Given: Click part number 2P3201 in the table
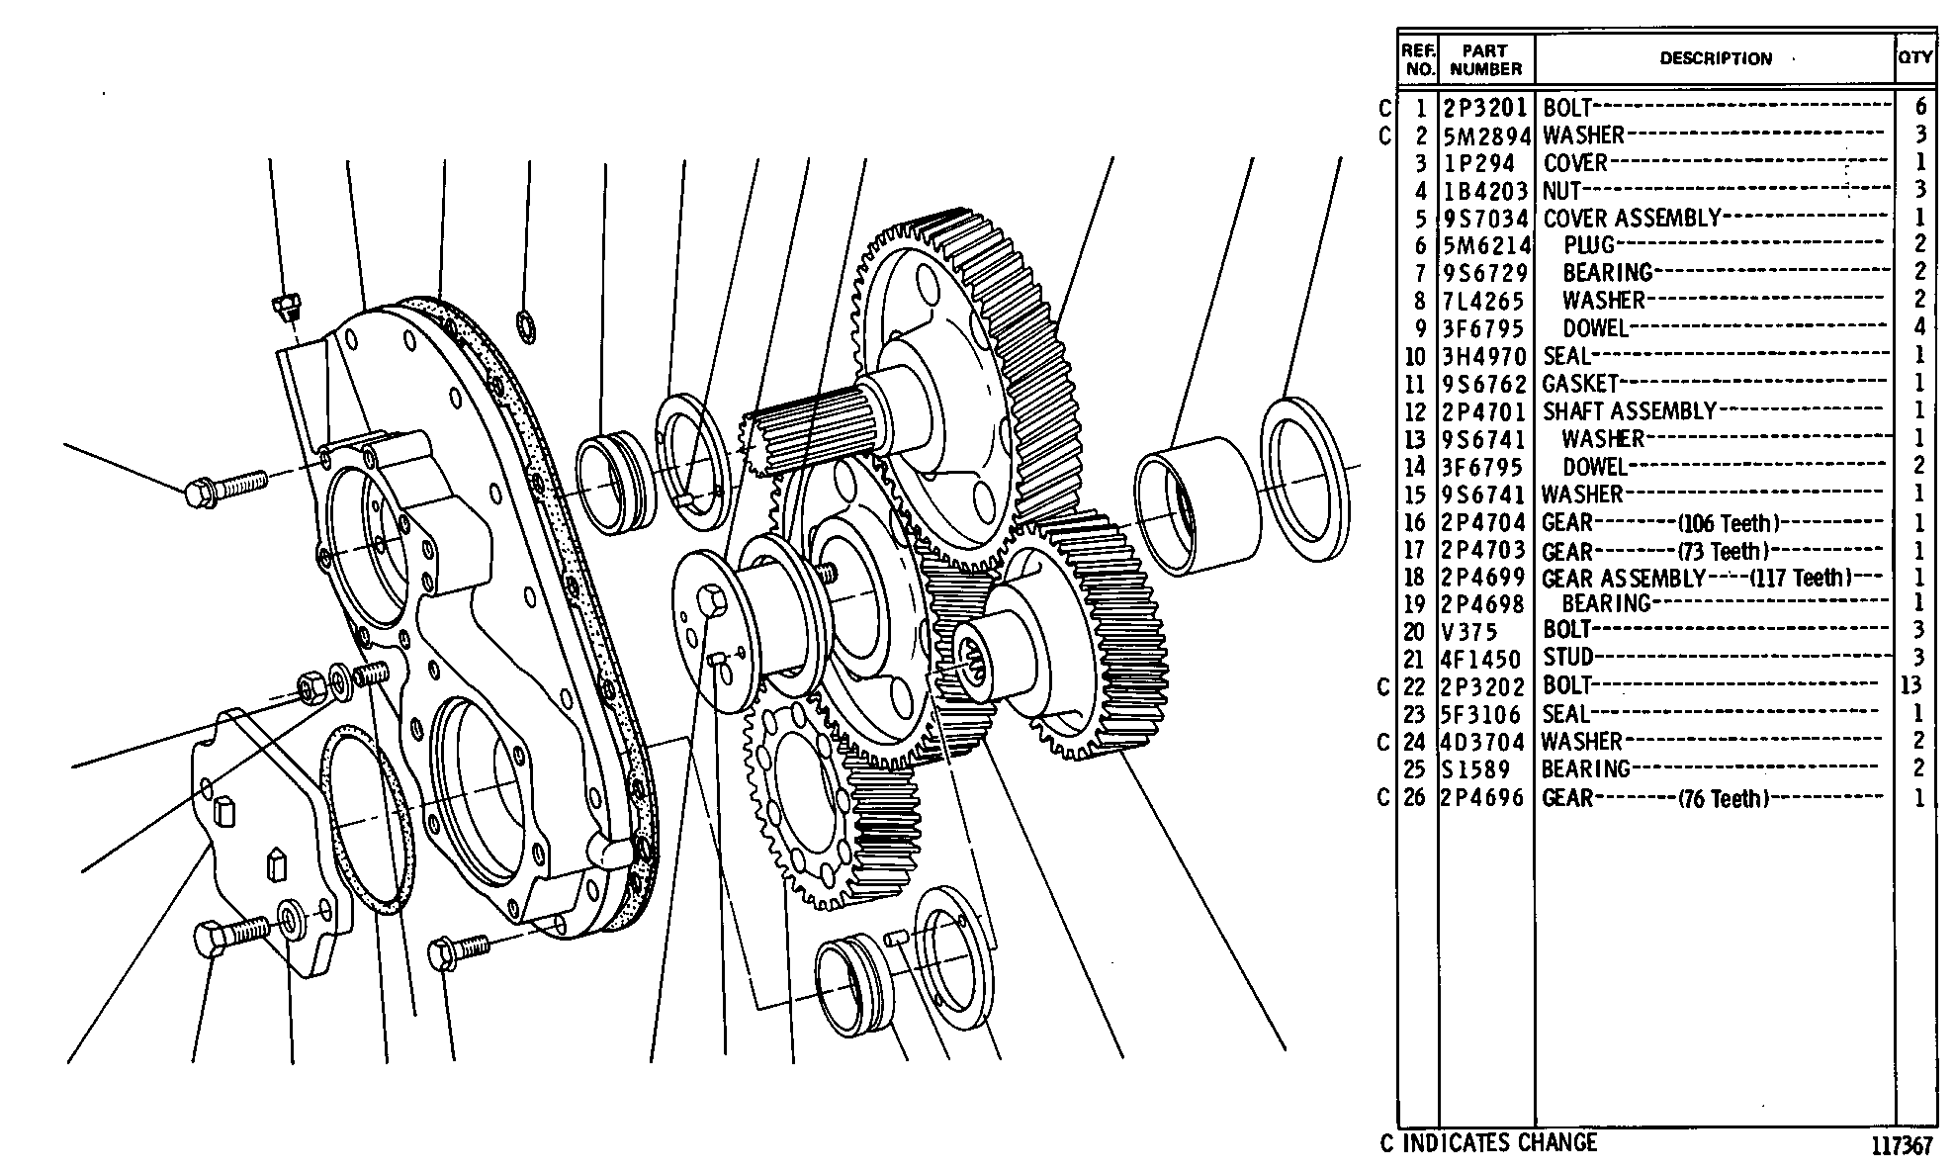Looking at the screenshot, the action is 1485,108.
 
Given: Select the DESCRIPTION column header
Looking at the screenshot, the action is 1716,58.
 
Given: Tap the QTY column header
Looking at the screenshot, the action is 1914,57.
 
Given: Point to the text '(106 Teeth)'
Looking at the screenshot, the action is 1729,522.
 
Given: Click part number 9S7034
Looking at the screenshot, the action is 1485,219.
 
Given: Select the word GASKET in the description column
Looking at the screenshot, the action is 1580,383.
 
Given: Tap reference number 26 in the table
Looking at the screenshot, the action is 1415,797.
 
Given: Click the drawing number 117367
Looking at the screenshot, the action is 1901,1146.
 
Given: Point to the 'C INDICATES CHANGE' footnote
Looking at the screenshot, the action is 1488,1142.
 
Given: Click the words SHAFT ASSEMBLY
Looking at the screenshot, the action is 1630,410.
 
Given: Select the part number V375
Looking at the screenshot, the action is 1470,631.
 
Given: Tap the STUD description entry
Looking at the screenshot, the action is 1568,657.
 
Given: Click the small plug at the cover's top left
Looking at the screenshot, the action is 287,306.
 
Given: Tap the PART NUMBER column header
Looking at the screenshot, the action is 1485,59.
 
